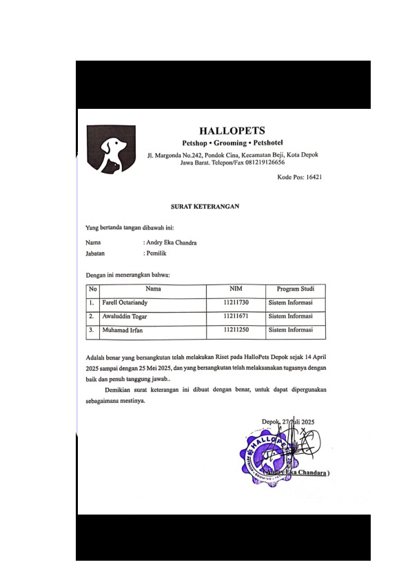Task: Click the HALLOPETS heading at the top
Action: (232, 130)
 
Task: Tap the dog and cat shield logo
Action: (110, 149)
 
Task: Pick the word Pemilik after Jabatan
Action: (156, 253)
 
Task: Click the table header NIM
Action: (236, 289)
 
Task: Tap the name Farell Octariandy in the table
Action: (124, 303)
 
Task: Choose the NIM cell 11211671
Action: (236, 317)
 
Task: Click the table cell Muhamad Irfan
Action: (121, 331)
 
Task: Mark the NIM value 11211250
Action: (236, 331)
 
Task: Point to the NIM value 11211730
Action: (236, 303)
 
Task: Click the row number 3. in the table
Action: (91, 331)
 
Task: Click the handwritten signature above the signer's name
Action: (300, 441)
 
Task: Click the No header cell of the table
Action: (92, 289)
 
